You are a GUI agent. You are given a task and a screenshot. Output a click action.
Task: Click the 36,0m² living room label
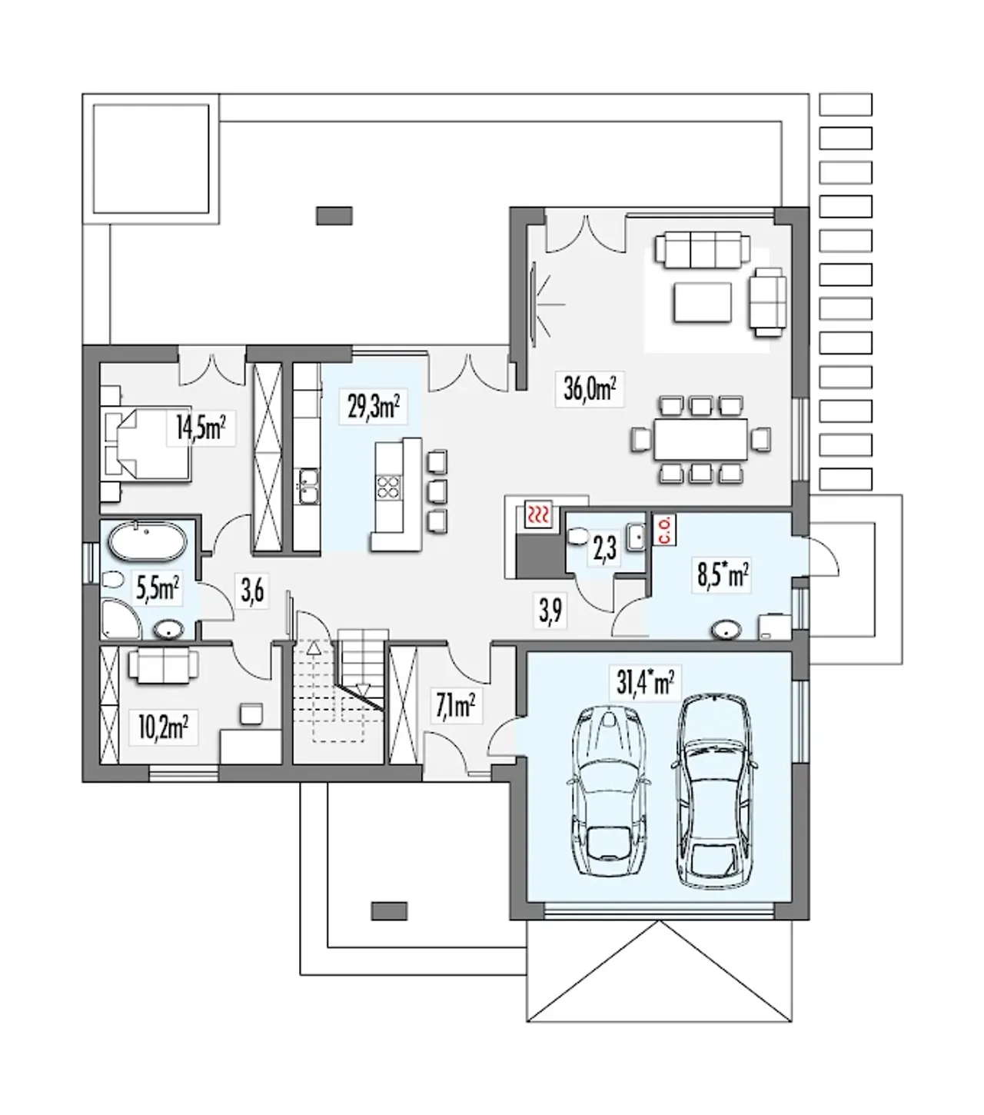590,389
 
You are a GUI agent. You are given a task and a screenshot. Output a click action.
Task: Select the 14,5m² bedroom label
201,428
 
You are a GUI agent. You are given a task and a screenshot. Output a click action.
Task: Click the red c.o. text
663,530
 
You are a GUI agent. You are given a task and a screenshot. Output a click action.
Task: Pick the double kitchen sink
307,486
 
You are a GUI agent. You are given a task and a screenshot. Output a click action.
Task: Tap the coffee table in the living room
702,302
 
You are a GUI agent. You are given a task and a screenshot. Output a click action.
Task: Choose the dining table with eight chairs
700,440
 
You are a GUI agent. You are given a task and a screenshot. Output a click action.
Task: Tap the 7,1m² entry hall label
455,707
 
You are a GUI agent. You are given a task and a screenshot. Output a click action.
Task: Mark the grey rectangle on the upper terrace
334,215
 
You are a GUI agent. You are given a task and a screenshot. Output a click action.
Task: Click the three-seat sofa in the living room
702,251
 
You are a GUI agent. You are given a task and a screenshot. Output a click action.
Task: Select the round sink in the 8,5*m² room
727,630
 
